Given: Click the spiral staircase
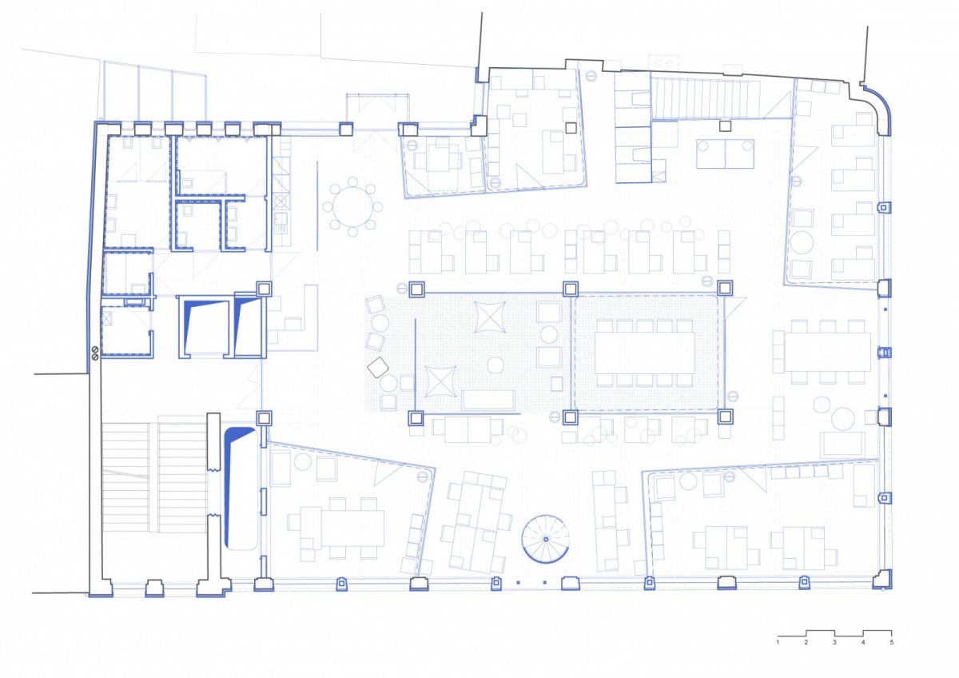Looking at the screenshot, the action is [545, 538].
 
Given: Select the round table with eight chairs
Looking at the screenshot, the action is [352, 207].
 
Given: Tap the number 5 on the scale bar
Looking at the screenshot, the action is [891, 655].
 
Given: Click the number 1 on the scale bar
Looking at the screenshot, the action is [778, 655].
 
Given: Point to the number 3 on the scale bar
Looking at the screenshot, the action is [834, 655].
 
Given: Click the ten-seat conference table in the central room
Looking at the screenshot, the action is [645, 353].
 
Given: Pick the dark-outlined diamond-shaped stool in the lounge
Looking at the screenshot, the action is [377, 367].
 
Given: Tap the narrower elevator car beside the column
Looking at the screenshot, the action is [249, 326].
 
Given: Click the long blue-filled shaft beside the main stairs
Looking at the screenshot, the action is [241, 489].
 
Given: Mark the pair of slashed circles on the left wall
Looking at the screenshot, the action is [95, 353].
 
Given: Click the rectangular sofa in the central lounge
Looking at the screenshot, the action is [488, 400].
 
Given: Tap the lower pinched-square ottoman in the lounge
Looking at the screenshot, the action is [440, 381].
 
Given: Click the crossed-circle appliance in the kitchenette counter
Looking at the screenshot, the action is [281, 201].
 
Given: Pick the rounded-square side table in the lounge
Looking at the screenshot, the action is [495, 365].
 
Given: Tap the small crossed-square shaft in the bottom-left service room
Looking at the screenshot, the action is [106, 319].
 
